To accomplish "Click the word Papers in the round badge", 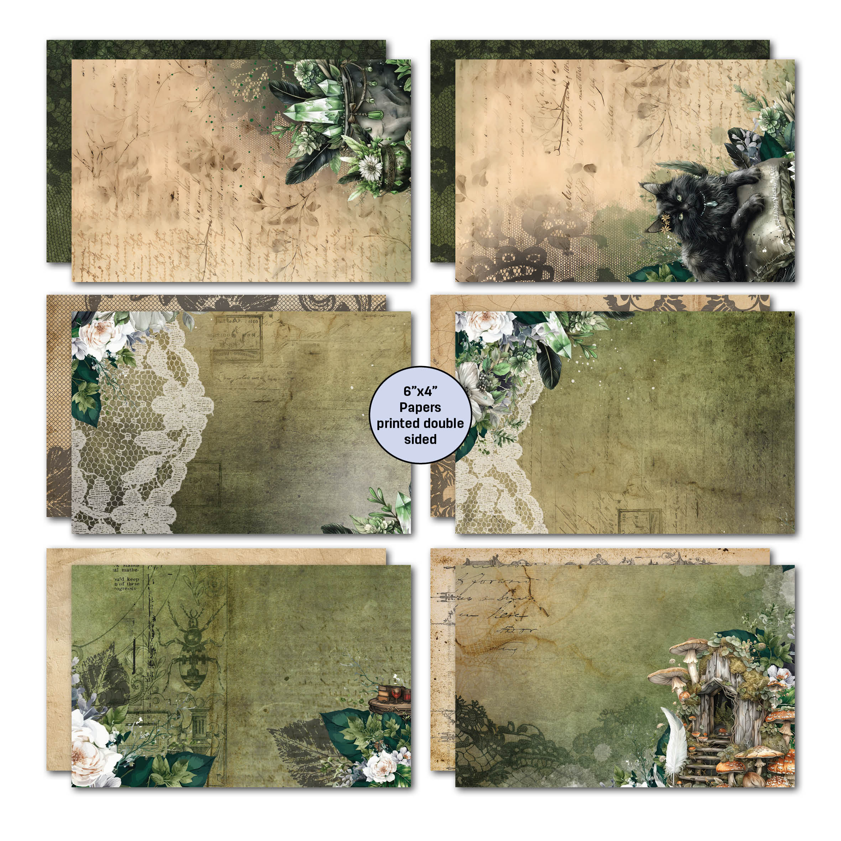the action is [420, 407].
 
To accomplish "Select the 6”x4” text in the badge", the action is [420, 391].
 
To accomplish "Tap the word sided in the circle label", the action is [420, 439].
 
